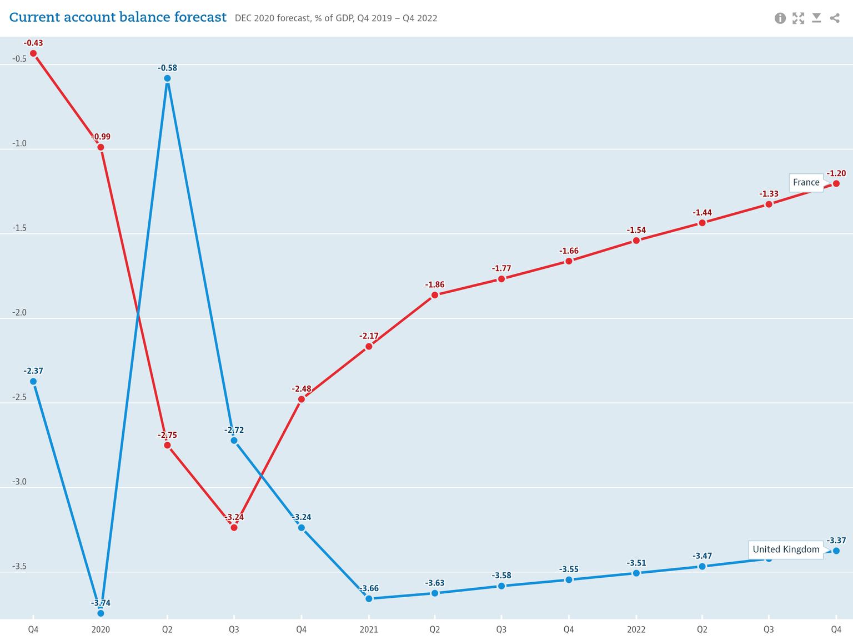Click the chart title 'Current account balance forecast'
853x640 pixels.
[x=118, y=17]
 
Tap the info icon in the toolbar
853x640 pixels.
[x=780, y=18]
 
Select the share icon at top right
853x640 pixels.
[x=835, y=18]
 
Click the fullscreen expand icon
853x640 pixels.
[x=799, y=18]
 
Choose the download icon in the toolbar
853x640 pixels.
[x=816, y=18]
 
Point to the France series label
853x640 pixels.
[x=806, y=183]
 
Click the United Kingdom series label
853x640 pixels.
[x=785, y=549]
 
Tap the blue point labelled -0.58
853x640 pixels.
[x=167, y=78]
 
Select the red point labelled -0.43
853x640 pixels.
[x=33, y=53]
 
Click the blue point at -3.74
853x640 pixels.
[x=101, y=613]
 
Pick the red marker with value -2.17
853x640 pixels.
[x=369, y=347]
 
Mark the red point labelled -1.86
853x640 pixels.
[x=435, y=295]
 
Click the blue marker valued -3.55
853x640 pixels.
[x=569, y=580]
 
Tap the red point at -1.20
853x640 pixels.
[x=836, y=183]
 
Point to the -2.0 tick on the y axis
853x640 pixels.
[x=19, y=313]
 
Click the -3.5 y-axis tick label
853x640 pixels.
[x=19, y=567]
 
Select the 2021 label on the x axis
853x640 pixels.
[x=369, y=629]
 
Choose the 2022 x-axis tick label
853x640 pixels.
[x=636, y=629]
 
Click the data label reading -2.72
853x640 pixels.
[x=234, y=430]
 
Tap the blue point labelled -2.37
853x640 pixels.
[x=33, y=382]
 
